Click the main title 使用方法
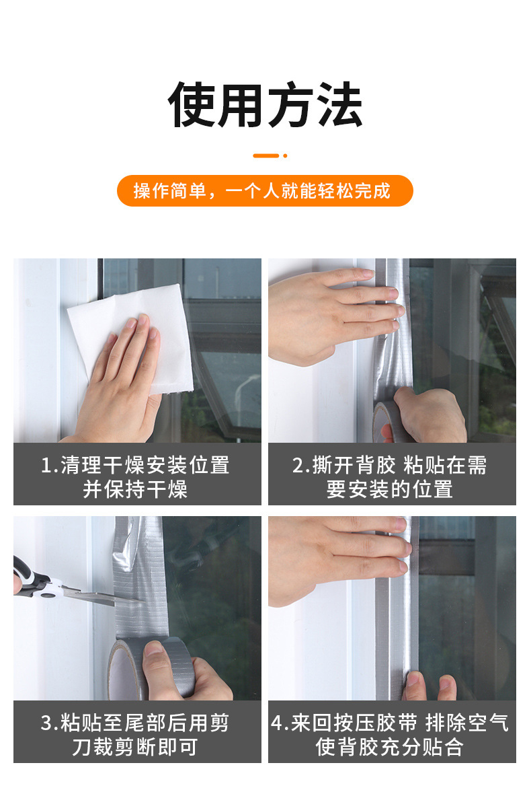(x=265, y=105)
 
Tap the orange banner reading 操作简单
(x=265, y=190)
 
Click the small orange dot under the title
(x=285, y=155)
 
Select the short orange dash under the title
(x=265, y=155)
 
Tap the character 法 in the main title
(x=339, y=105)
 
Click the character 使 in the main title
(x=192, y=105)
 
